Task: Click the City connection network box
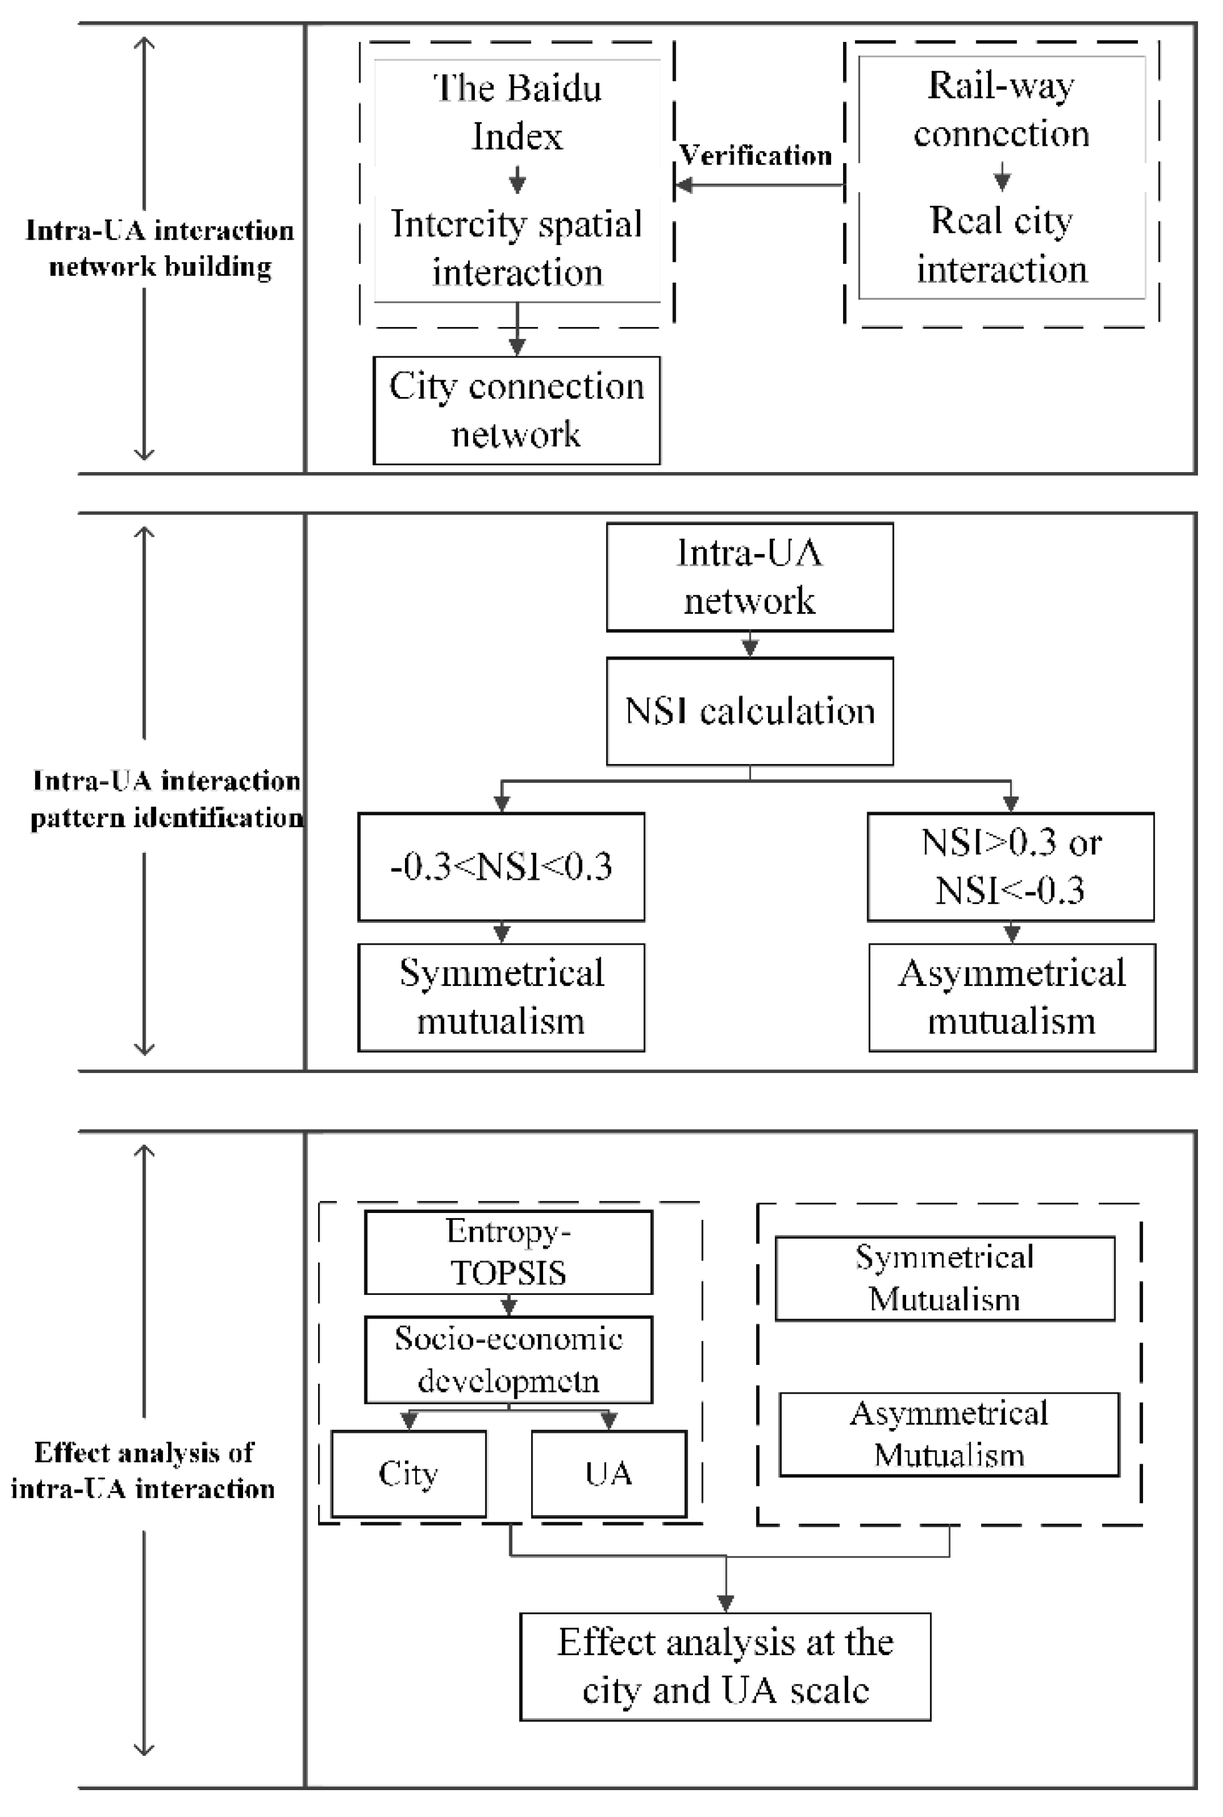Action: point(516,410)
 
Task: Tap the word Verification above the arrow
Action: point(755,155)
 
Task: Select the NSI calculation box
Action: point(749,711)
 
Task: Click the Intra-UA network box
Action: point(749,576)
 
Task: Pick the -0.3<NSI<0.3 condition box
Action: point(502,867)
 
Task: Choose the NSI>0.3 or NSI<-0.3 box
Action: point(1011,867)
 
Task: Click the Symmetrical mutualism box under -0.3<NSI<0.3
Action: point(502,997)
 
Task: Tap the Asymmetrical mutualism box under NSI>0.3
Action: point(1012,997)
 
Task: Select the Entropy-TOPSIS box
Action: point(509,1252)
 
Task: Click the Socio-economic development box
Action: point(509,1359)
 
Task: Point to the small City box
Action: point(409,1473)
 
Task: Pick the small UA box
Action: point(609,1473)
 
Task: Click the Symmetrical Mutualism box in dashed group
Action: point(944,1278)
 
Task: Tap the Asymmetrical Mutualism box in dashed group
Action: point(949,1434)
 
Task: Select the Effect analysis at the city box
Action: point(726,1666)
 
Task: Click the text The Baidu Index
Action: point(517,111)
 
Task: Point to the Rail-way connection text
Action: point(1002,109)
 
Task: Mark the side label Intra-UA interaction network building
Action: point(160,248)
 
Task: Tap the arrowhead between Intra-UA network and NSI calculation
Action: point(749,648)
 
